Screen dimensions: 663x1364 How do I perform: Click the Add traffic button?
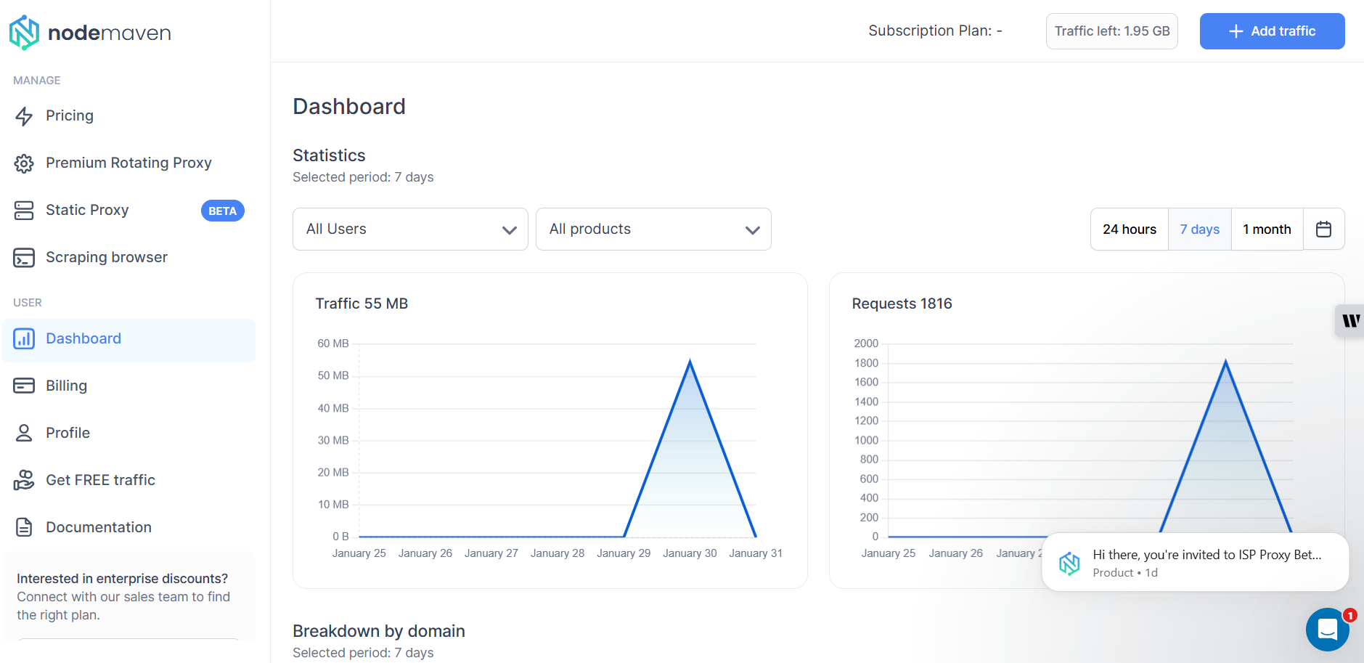pyautogui.click(x=1272, y=31)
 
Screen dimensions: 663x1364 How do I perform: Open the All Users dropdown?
pyautogui.click(x=410, y=229)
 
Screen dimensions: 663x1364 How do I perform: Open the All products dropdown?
pyautogui.click(x=653, y=229)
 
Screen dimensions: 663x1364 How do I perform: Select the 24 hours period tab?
pyautogui.click(x=1130, y=229)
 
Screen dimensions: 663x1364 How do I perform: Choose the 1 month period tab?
pyautogui.click(x=1267, y=229)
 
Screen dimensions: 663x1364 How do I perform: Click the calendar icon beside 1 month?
pyautogui.click(x=1323, y=229)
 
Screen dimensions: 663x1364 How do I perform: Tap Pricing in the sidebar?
pyautogui.click(x=70, y=116)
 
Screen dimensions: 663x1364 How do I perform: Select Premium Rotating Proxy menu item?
pyautogui.click(x=128, y=163)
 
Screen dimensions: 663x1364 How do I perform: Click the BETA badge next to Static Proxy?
pyautogui.click(x=222, y=211)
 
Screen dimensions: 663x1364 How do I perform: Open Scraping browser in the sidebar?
pyautogui.click(x=106, y=258)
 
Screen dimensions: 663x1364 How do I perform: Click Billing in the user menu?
pyautogui.click(x=66, y=386)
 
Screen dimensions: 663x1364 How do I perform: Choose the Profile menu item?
pyautogui.click(x=68, y=433)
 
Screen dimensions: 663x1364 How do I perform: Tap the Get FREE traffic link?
pyautogui.click(x=100, y=480)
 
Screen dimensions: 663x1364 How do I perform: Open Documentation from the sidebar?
pyautogui.click(x=99, y=527)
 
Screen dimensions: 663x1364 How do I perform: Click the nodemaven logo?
pyautogui.click(x=90, y=33)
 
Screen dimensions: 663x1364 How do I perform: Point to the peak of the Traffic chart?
pyautogui.click(x=690, y=361)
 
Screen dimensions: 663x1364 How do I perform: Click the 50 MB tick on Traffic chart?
pyautogui.click(x=333, y=375)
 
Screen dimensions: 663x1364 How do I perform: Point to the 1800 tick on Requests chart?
pyautogui.click(x=866, y=363)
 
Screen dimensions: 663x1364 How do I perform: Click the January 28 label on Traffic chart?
pyautogui.click(x=558, y=553)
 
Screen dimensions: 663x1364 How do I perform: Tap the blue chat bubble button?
pyautogui.click(x=1327, y=629)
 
